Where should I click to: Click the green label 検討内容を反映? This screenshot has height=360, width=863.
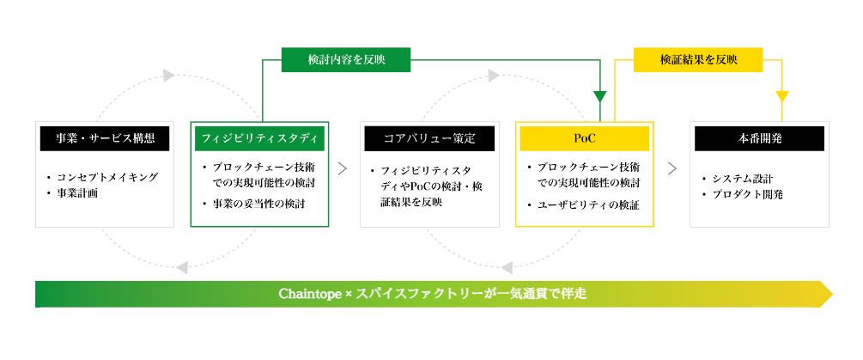346,59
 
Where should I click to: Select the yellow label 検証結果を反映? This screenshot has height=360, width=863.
698,59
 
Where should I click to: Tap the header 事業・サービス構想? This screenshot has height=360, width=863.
105,138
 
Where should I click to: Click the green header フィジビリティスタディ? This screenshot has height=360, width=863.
260,138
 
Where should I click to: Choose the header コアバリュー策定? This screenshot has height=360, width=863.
429,138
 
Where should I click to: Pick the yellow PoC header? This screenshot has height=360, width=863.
585,138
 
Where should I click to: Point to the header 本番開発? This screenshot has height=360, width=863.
760,138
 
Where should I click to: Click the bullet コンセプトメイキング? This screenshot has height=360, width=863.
102,177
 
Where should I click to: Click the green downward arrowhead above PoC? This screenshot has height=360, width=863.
600,96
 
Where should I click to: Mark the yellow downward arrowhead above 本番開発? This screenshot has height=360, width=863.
782,96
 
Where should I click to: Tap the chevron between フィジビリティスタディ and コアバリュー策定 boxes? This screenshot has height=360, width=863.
343,168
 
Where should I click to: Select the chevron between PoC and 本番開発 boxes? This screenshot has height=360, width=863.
672,168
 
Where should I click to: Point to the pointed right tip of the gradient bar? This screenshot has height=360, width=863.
833,294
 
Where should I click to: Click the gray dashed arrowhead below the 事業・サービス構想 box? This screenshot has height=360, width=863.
182,268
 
